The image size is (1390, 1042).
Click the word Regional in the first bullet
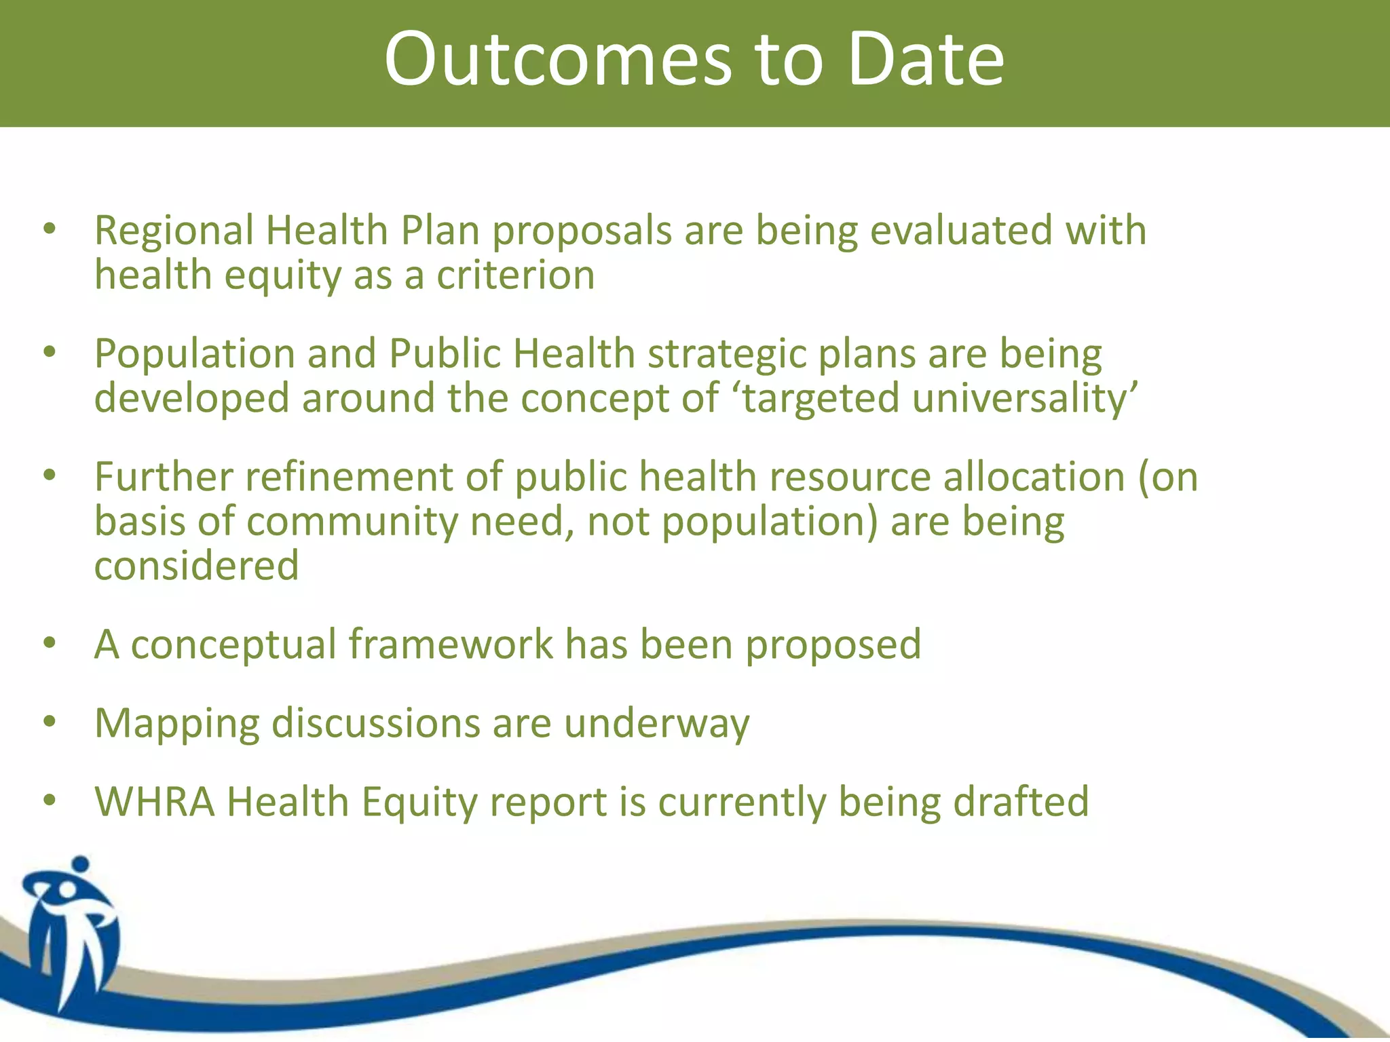pos(174,231)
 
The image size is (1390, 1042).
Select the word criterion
pos(515,275)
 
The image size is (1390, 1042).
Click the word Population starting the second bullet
pos(194,354)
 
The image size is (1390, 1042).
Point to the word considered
pos(196,566)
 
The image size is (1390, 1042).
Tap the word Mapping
pos(176,725)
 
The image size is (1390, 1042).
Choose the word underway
pos(656,725)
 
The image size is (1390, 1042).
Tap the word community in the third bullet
pos(352,522)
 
